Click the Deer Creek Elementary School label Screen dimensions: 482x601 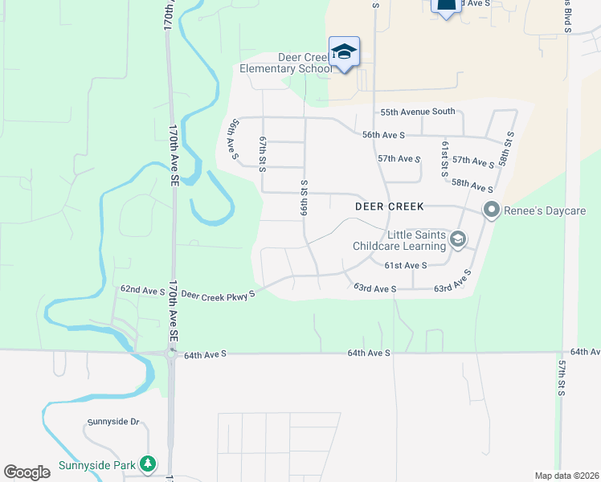tap(285, 63)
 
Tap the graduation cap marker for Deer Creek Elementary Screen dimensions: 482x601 tap(344, 51)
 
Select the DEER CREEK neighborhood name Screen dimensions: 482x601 tap(389, 206)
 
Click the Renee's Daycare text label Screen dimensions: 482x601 tap(546, 211)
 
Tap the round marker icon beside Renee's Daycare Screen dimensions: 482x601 tap(492, 210)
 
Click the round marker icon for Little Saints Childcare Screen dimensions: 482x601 tap(457, 239)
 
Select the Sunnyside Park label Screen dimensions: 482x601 tap(97, 465)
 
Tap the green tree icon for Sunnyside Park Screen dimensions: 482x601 tap(147, 464)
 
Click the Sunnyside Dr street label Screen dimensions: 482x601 tap(113, 421)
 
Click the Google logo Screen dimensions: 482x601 tap(27, 472)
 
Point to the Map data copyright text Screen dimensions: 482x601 tap(566, 476)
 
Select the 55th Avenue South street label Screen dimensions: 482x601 tap(418, 112)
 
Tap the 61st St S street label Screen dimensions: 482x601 tap(444, 159)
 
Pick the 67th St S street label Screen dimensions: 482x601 tap(262, 153)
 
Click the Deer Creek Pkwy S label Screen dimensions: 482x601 tap(218, 294)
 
